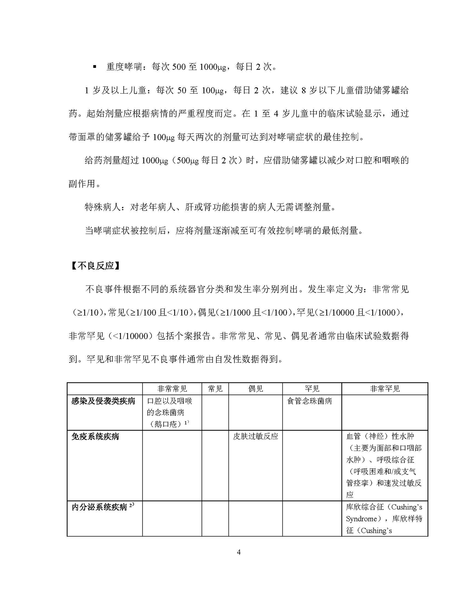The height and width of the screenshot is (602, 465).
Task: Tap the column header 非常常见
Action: [x=172, y=389]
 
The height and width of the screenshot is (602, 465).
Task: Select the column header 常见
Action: [x=215, y=389]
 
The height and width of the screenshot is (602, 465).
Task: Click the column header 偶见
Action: [x=255, y=389]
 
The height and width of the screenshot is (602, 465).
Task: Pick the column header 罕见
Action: [x=312, y=389]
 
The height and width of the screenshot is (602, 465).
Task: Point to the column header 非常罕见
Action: [x=385, y=389]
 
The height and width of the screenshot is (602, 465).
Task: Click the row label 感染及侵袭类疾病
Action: [x=103, y=401]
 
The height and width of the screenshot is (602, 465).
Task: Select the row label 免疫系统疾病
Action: [x=95, y=437]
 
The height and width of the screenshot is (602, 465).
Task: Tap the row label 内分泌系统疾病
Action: [x=100, y=507]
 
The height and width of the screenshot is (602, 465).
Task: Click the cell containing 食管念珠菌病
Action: [x=309, y=401]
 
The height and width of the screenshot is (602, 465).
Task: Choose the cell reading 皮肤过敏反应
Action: [x=255, y=436]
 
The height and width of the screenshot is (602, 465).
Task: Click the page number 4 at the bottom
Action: [x=238, y=552]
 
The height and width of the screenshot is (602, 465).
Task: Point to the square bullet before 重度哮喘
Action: [x=95, y=67]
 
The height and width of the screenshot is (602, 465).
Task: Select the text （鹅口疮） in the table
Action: [x=167, y=424]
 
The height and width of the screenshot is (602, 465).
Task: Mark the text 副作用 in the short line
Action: [x=82, y=184]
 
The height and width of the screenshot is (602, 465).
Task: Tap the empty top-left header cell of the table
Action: [x=105, y=389]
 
